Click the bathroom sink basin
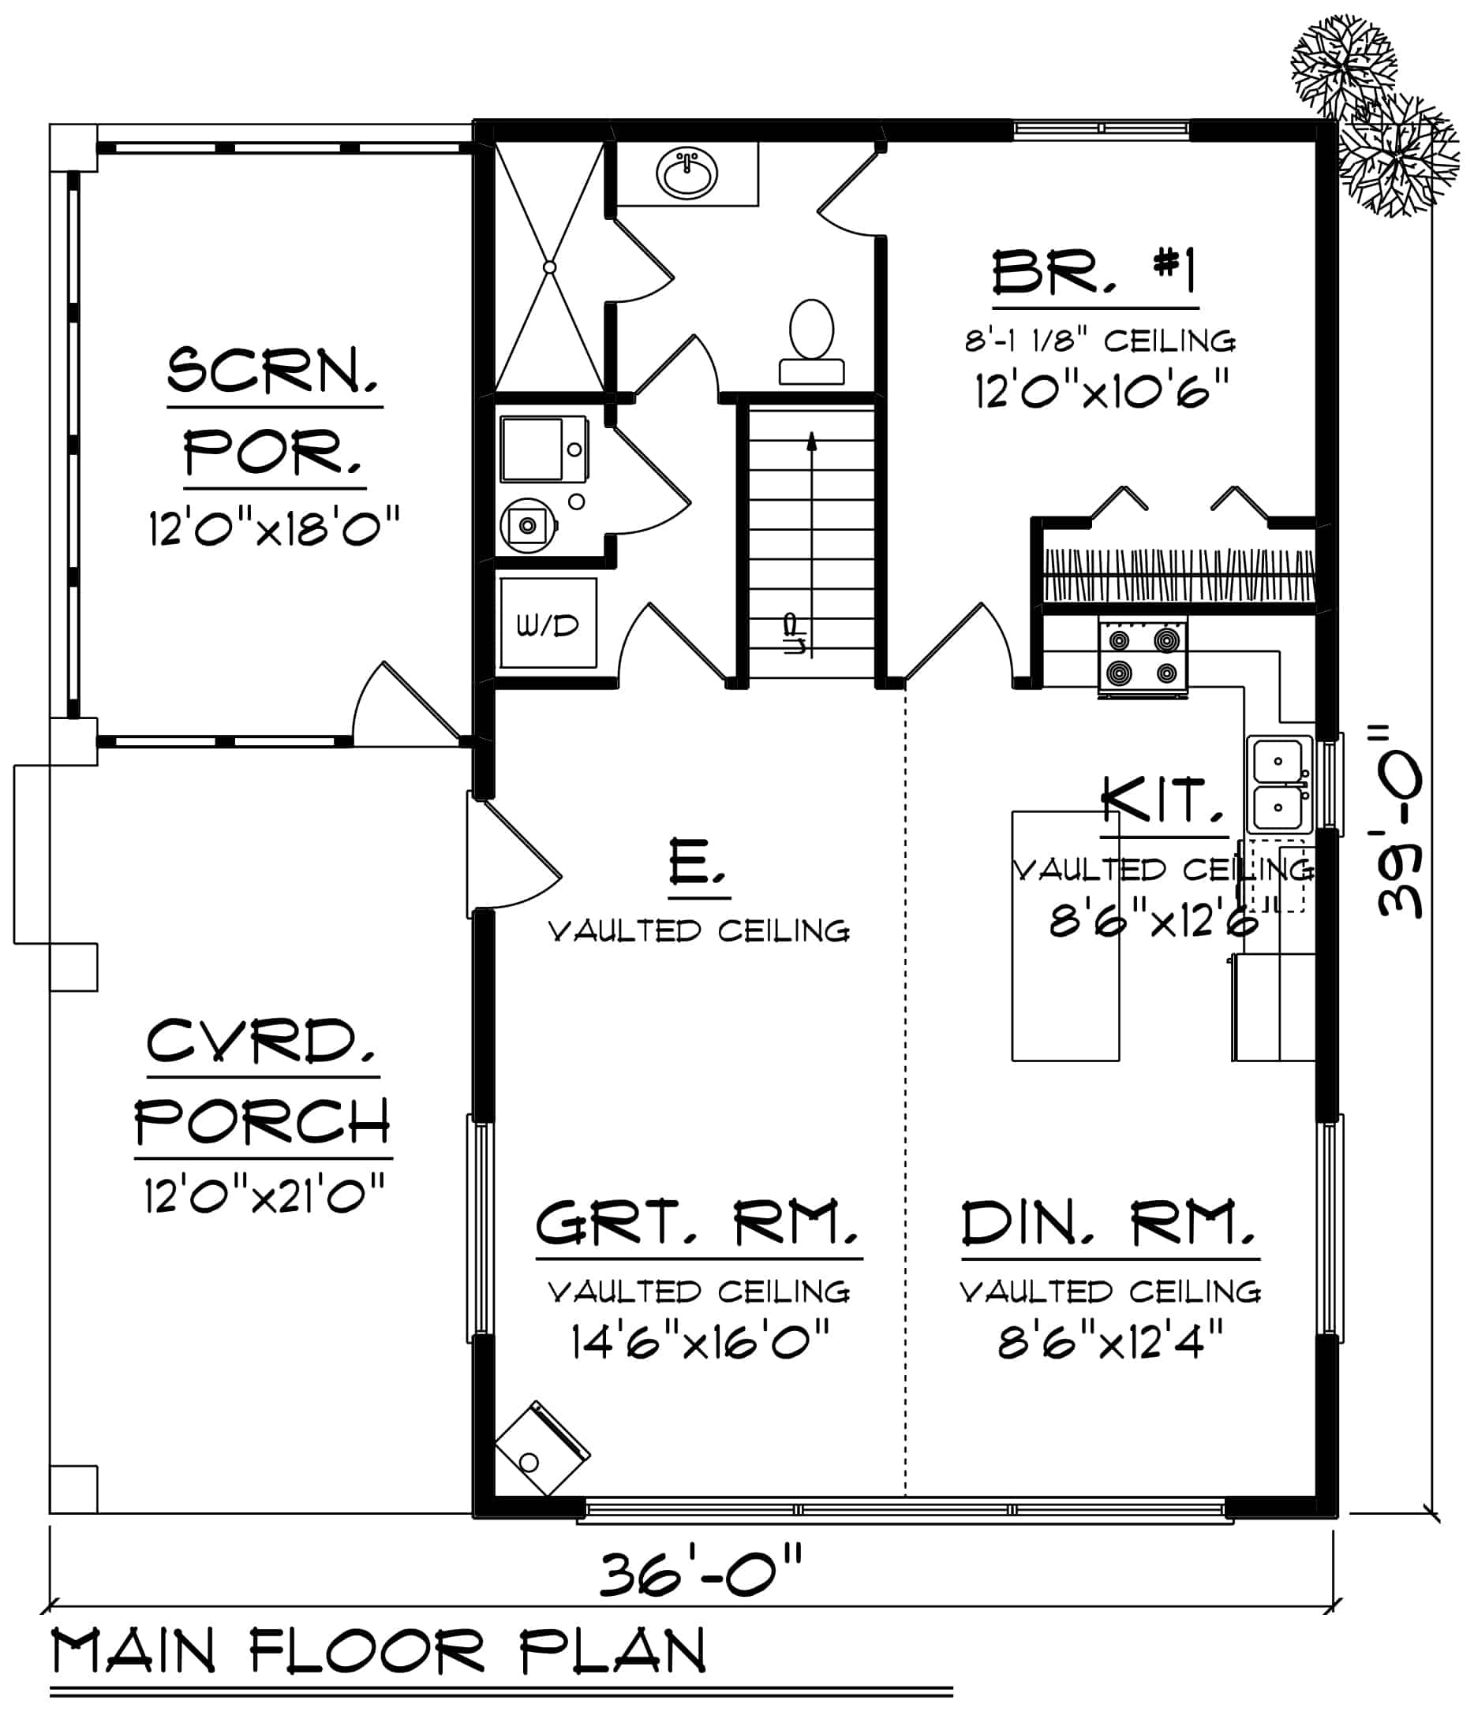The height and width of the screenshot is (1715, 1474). pos(686,174)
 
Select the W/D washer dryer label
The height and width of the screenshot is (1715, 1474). pos(548,627)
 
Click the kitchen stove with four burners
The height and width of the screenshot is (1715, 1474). pos(1143,654)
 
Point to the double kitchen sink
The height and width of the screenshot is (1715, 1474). pos(1278,784)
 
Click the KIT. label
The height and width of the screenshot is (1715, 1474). pos(1162,800)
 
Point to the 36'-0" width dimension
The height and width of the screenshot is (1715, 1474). pos(701,1576)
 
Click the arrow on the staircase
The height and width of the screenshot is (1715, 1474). pos(811,443)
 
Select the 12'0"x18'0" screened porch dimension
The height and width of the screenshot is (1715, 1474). pos(274,528)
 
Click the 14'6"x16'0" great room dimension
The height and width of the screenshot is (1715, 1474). pos(701,1343)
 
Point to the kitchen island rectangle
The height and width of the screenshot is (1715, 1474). pos(1065,935)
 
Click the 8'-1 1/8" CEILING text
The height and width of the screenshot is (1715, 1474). pos(1101,341)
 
